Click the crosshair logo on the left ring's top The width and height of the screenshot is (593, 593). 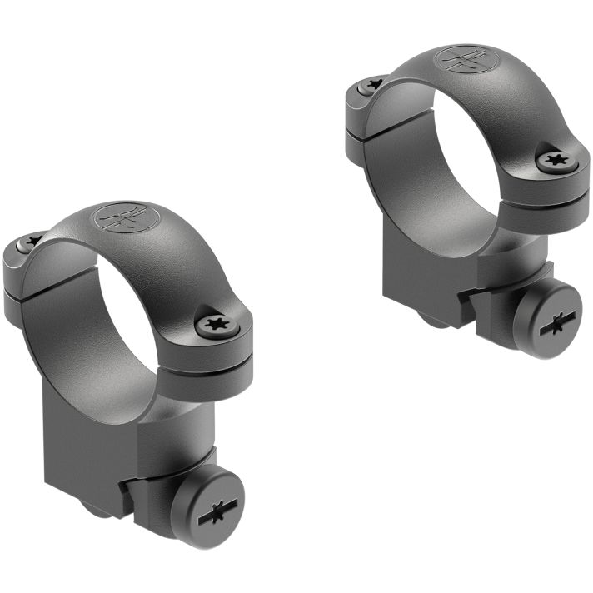coord(127,217)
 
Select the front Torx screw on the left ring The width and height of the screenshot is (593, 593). coord(219,322)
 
